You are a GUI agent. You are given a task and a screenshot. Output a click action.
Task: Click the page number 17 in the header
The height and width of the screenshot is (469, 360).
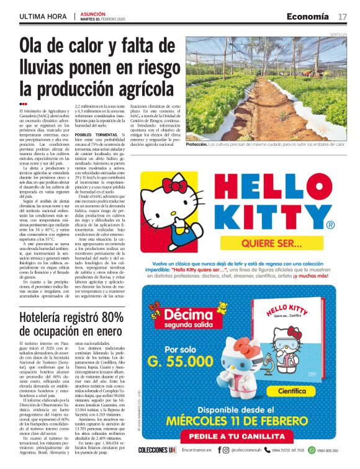(x=343, y=16)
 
